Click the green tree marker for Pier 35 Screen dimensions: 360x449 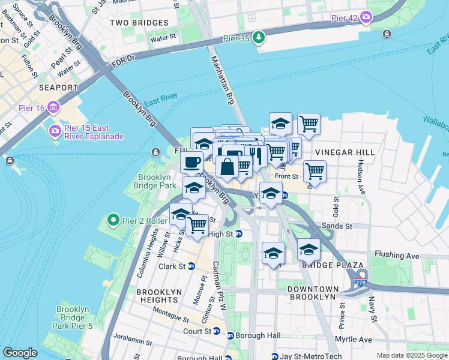[259, 37]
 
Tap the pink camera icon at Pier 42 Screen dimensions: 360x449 [365, 18]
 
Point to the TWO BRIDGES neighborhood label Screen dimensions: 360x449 [139, 23]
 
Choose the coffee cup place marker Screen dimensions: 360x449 [192, 162]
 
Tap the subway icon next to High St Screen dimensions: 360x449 [239, 234]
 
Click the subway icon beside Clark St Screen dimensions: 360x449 [191, 266]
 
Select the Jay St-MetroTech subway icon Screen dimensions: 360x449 [274, 356]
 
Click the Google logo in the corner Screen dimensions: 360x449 [20, 353]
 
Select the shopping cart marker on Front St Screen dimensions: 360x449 [315, 172]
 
